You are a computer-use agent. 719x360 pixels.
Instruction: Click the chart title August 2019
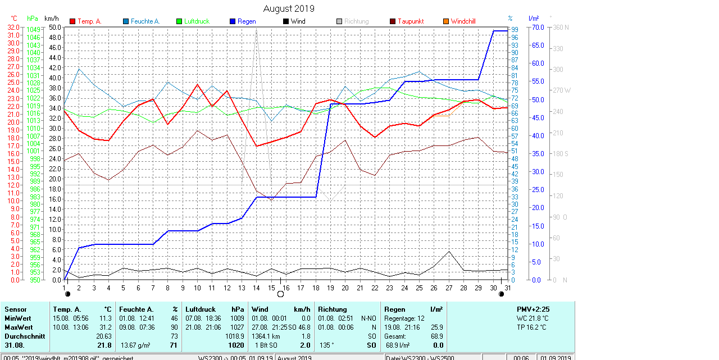[289, 8]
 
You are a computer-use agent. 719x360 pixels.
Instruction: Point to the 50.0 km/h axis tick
[55, 27]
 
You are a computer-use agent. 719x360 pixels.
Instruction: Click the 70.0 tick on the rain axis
[538, 27]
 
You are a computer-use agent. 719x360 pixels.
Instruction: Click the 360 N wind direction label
[561, 27]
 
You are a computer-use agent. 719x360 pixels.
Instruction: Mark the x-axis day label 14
[257, 288]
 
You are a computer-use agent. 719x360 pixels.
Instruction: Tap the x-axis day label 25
[419, 288]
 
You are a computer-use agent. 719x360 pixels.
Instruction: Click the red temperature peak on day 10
[197, 84]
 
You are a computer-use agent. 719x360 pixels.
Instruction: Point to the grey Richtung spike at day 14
[257, 29]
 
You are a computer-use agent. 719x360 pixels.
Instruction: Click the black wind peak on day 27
[449, 252]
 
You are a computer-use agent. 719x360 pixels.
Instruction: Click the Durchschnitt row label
[23, 336]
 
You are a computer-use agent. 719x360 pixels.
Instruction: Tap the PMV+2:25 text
[533, 309]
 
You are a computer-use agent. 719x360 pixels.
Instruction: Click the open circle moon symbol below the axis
[280, 294]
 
